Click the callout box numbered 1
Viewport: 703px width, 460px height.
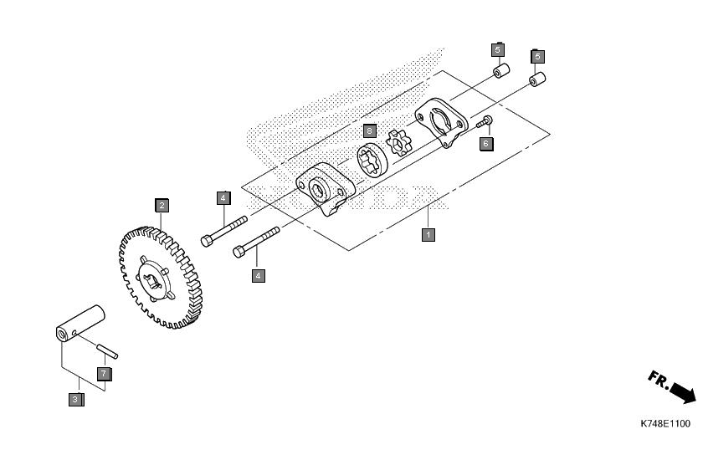point(428,234)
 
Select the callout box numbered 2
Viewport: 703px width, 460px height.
point(162,205)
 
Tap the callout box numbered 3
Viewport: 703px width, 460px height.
point(76,399)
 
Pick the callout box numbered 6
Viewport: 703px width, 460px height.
point(486,144)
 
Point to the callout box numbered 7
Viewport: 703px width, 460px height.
point(104,374)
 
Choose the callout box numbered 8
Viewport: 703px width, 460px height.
point(369,130)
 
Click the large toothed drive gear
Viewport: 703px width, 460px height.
point(161,278)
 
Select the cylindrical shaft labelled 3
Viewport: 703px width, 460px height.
point(80,324)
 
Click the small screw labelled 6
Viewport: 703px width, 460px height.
point(485,121)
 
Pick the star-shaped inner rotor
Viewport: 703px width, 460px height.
point(398,142)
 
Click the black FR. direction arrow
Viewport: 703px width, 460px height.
point(683,393)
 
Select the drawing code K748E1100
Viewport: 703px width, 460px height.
point(665,424)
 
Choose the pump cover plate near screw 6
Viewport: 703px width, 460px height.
point(442,122)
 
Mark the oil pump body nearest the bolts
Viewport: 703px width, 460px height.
point(326,188)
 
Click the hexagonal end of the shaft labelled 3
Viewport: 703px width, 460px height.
point(62,335)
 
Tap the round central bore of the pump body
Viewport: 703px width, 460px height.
point(319,189)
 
